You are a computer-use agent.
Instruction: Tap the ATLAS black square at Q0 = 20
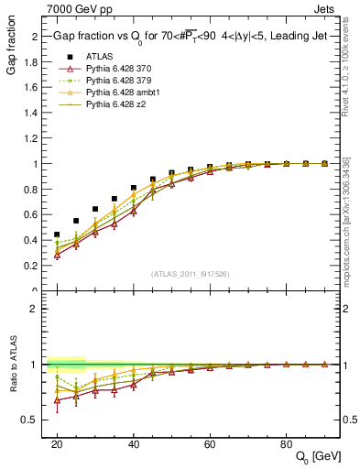click(57, 234)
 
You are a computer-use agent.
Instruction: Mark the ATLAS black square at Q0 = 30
click(95, 209)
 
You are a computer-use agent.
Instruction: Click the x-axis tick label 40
click(134, 444)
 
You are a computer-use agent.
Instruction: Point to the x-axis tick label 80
click(287, 444)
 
